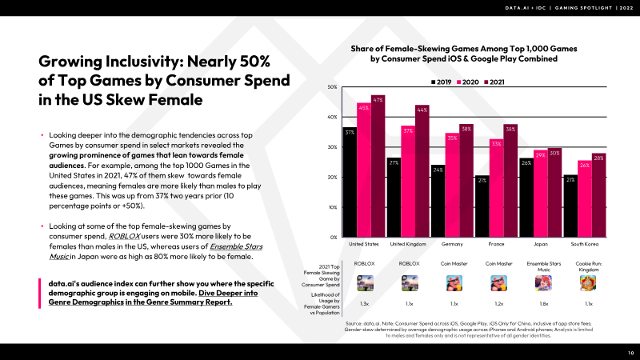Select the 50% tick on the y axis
tap(332, 86)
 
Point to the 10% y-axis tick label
tap(332, 206)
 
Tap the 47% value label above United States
tap(378, 99)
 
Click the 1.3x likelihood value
tap(364, 305)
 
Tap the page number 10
tap(630, 352)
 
